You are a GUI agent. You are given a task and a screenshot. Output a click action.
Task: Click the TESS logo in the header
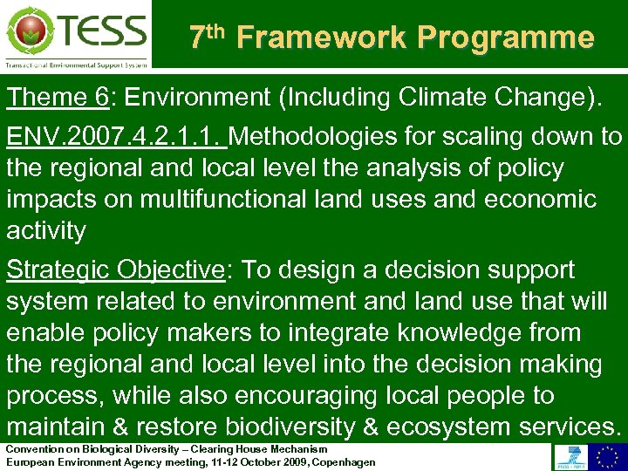[x=76, y=34]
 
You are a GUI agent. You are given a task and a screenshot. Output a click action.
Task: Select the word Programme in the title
[x=505, y=38]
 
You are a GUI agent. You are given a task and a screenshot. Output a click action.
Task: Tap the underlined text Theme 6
[x=57, y=97]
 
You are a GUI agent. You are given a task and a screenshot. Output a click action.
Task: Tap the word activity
[x=45, y=231]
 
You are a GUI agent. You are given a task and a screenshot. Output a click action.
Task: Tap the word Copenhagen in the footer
[x=344, y=461]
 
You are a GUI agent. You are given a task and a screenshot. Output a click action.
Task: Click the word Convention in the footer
[x=34, y=449]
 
